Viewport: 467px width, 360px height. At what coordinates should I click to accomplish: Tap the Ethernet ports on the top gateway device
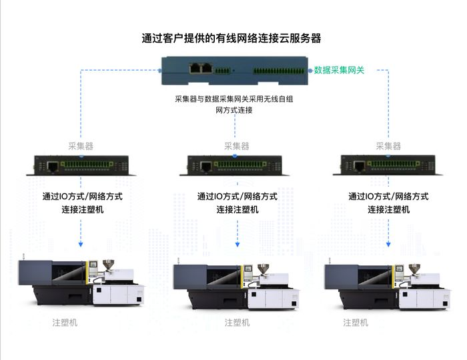[x=201, y=68]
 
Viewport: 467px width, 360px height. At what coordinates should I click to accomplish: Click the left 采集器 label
[x=81, y=146]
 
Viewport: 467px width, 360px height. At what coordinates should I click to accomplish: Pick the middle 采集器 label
[x=236, y=146]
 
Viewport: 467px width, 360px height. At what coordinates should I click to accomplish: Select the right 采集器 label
[x=388, y=146]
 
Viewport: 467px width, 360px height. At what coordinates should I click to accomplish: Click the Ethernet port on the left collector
[x=52, y=166]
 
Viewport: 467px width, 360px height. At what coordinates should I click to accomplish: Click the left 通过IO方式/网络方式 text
[x=83, y=197]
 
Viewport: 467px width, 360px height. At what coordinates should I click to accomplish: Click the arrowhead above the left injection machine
[x=81, y=244]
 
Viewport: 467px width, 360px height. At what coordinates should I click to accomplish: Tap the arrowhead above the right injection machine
[x=389, y=244]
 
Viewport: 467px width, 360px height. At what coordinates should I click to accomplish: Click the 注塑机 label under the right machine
[x=356, y=322]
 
